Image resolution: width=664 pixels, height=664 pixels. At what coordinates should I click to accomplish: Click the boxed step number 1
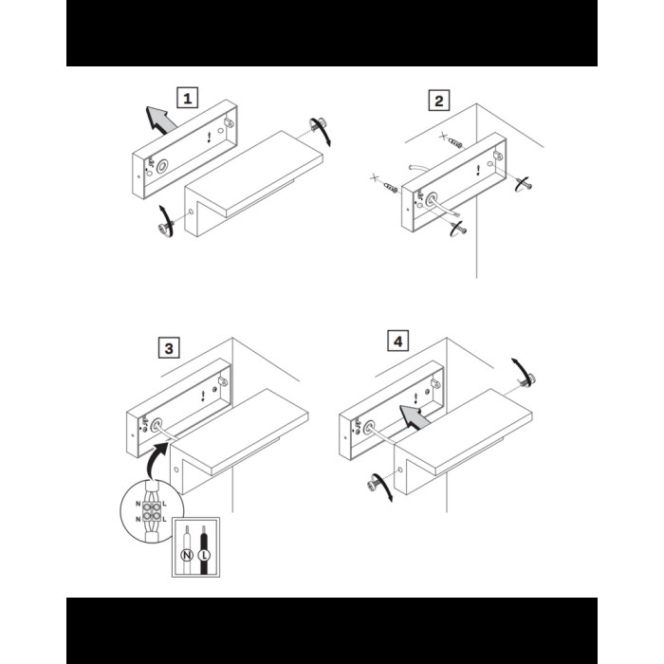coord(187,98)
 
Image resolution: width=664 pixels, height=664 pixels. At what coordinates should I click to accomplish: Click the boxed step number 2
coord(438,101)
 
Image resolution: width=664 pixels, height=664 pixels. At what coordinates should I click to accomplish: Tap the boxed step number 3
coord(169,348)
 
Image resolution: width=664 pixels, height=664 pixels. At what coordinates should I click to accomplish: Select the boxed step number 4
coord(398,341)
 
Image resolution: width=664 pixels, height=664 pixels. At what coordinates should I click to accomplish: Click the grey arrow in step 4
coord(415,415)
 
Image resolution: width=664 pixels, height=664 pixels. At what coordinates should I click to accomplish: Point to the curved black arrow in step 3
coord(154,457)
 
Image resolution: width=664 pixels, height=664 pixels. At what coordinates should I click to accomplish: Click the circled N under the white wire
coord(187,555)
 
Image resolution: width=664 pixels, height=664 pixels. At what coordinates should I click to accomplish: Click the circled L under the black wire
coord(204,555)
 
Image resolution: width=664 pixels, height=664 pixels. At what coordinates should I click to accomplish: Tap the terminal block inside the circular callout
coord(152,511)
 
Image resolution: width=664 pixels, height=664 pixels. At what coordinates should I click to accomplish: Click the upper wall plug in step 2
coord(455,143)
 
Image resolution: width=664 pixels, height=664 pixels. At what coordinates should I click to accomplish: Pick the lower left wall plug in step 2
coord(391,187)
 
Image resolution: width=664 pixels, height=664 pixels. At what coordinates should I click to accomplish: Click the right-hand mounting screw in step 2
coord(526,184)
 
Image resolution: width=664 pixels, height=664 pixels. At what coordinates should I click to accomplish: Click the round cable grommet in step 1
coord(162,166)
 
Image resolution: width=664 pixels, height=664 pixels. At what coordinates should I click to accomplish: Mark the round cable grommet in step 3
coord(156,425)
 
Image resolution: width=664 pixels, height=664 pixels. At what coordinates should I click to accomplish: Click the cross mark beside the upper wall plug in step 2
coord(443,136)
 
